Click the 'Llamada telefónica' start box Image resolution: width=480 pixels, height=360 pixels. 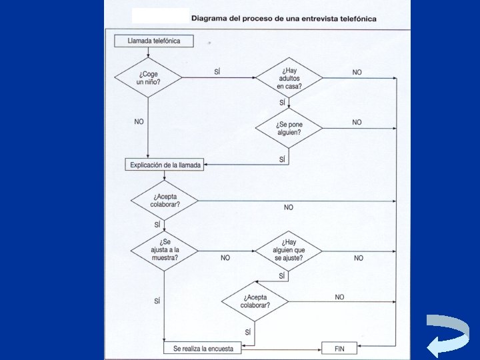153,41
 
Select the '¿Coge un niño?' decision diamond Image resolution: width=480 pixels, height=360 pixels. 148,77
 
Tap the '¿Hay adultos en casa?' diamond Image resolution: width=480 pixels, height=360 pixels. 289,78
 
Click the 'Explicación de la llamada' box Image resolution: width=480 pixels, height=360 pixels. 165,165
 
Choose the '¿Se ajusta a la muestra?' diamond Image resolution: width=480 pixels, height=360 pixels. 164,251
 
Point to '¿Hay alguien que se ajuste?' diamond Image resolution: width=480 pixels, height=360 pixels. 289,251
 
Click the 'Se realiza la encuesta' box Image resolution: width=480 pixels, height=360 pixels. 203,348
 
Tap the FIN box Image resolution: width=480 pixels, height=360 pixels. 339,348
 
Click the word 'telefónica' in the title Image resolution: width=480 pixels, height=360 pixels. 356,18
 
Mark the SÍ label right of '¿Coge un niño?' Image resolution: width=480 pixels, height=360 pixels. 218,71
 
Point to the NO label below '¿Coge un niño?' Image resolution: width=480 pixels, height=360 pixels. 139,122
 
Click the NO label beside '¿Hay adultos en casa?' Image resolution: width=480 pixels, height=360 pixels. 357,72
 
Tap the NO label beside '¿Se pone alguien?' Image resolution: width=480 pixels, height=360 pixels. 357,122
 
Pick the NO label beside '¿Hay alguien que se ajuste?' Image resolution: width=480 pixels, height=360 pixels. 359,258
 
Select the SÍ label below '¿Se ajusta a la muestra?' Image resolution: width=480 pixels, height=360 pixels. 157,301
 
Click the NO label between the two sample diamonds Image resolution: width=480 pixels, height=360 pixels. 225,258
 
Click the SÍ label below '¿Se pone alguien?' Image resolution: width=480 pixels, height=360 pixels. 282,159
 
